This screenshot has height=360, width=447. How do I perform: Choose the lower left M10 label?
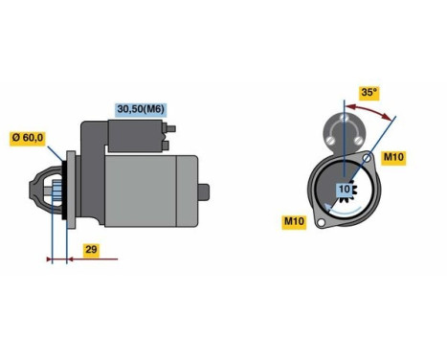[294, 222]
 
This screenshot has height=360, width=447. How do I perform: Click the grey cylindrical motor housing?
[144, 191]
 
